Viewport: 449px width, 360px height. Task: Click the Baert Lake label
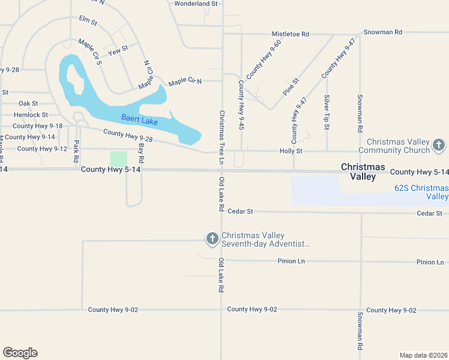[x=139, y=119]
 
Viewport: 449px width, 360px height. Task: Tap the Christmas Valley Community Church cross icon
[x=439, y=145]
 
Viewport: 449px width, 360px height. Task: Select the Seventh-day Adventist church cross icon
[x=212, y=239]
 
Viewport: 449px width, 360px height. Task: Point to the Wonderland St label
[x=196, y=4]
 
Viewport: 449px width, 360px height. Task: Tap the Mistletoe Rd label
[x=290, y=34]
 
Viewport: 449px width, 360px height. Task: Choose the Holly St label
[x=291, y=151]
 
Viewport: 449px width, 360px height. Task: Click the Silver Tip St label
[x=327, y=112]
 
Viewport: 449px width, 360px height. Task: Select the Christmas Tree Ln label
[x=221, y=137]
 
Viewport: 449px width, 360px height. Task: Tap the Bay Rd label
[x=142, y=153]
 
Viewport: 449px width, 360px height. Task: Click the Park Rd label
[x=76, y=152]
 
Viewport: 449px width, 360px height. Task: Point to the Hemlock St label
[x=31, y=115]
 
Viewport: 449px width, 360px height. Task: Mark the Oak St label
[x=28, y=104]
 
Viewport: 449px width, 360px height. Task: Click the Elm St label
[x=88, y=21]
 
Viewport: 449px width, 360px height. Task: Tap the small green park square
[x=119, y=159]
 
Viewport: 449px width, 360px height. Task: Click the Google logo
[x=20, y=353]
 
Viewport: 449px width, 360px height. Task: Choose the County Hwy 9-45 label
[x=241, y=105]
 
